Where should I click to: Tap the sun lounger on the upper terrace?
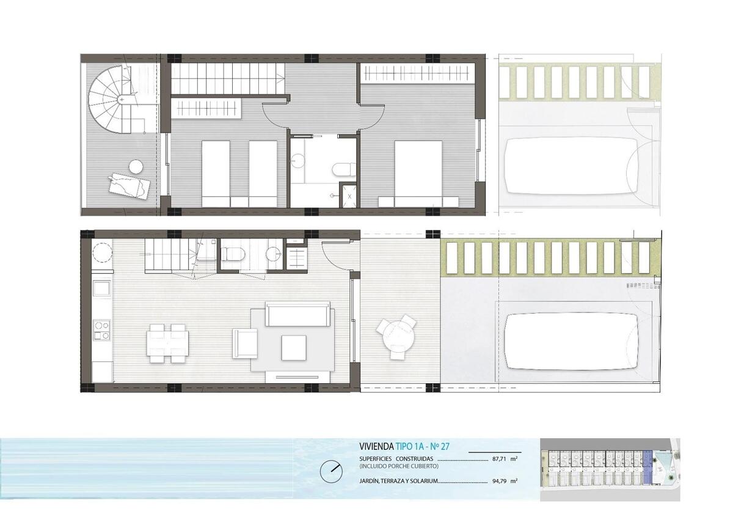tap(129, 186)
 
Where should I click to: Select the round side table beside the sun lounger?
tap(136, 167)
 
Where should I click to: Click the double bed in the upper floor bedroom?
tap(418, 174)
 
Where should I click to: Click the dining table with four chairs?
tap(167, 343)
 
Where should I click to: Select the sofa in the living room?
tap(297, 314)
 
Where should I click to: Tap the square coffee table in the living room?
tap(294, 348)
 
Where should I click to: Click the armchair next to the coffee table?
tap(245, 344)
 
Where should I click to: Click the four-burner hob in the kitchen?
tap(101, 331)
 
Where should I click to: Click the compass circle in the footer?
tap(331, 472)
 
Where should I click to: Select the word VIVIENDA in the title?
tap(376, 446)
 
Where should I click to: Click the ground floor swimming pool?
tap(571, 342)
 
